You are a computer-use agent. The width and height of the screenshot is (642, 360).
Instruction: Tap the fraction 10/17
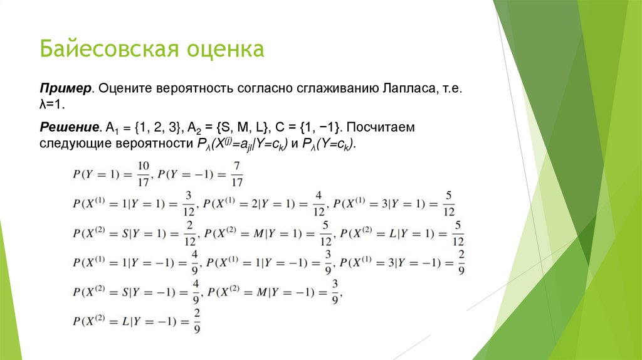pos(143,174)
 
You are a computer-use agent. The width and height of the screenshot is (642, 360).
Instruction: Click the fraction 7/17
pos(236,174)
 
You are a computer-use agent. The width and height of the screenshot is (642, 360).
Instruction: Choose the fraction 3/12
pos(188,203)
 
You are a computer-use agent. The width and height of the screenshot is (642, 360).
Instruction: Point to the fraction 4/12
pos(318,203)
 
